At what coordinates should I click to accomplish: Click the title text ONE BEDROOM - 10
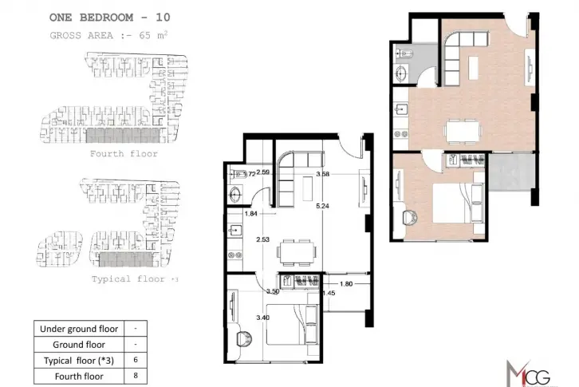[110, 18]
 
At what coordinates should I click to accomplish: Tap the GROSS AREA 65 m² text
[109, 35]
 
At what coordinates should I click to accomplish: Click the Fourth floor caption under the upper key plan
[124, 154]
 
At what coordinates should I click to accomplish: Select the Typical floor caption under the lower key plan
[135, 279]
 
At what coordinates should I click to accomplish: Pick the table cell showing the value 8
[136, 376]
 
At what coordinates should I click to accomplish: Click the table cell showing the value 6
[136, 360]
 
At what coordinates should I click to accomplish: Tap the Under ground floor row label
[79, 329]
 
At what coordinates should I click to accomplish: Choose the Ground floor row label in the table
[79, 345]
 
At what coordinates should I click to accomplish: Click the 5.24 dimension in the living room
[322, 206]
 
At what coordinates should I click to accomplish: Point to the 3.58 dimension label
[322, 174]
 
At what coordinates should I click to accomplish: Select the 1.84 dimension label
[250, 214]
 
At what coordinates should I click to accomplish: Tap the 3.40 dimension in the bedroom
[262, 318]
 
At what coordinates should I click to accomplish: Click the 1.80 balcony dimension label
[346, 284]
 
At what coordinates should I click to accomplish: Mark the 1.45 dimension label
[329, 293]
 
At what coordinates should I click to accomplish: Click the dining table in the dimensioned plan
[297, 252]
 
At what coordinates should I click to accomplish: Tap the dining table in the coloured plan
[463, 131]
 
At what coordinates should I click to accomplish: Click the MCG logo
[529, 373]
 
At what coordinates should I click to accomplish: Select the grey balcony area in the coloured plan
[511, 172]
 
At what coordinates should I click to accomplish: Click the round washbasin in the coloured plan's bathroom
[400, 73]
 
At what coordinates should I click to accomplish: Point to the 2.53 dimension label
[262, 239]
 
